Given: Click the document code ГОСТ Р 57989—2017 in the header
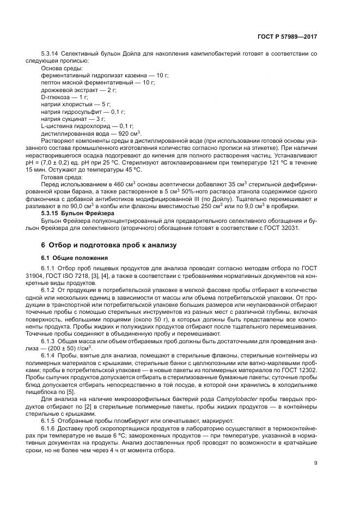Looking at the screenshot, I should (x=287, y=37).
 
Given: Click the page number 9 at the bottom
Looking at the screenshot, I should (x=316, y=464).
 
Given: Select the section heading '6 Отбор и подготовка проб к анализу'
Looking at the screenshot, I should (x=109, y=245).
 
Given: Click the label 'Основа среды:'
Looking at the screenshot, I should (x=62, y=68).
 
